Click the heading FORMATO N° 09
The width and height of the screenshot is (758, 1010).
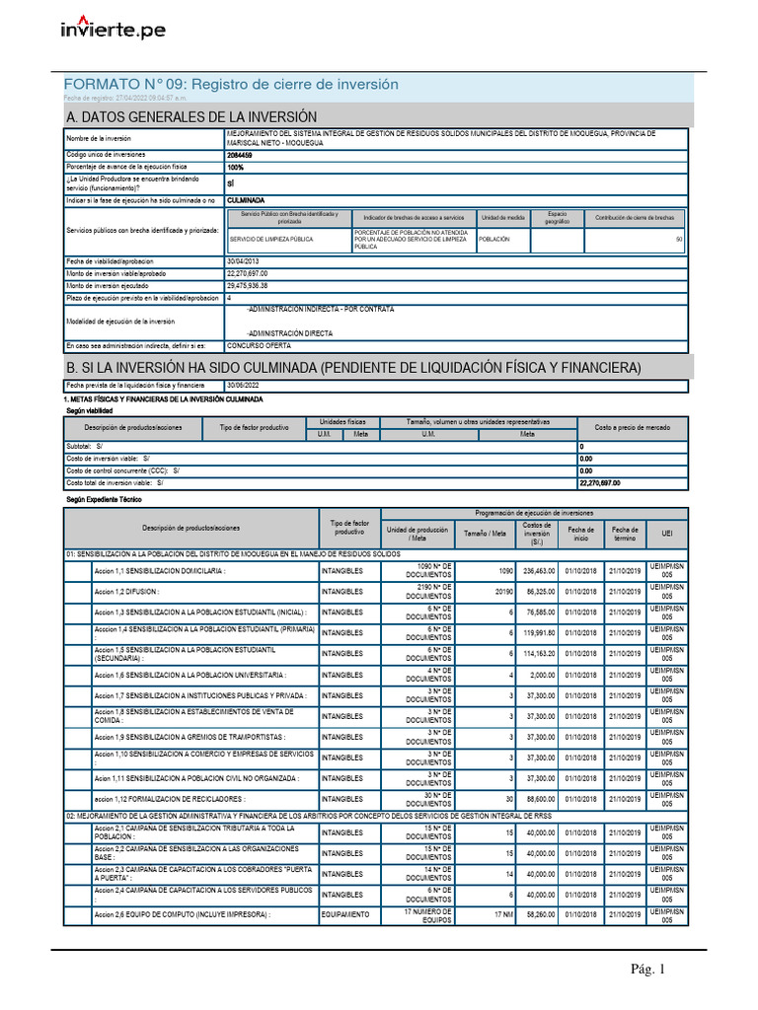coord(231,85)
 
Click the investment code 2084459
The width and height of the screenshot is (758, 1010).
coord(239,155)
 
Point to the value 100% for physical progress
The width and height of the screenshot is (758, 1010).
coord(235,168)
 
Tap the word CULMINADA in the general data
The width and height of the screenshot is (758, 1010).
coord(246,200)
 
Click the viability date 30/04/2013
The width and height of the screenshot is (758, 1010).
coord(247,260)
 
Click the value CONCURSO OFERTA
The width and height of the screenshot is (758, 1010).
coord(259,346)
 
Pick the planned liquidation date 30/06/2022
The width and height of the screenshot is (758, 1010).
coord(247,385)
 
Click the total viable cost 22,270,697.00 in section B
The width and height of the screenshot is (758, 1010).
coord(600,483)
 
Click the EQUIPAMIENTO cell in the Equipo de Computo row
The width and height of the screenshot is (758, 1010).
coord(345,914)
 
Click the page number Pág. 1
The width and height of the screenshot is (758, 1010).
coord(648,970)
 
